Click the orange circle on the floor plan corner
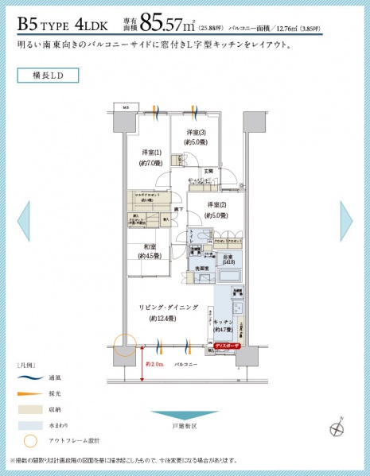[124, 346]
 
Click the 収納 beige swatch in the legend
[29, 409]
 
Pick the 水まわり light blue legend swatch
[29, 424]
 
